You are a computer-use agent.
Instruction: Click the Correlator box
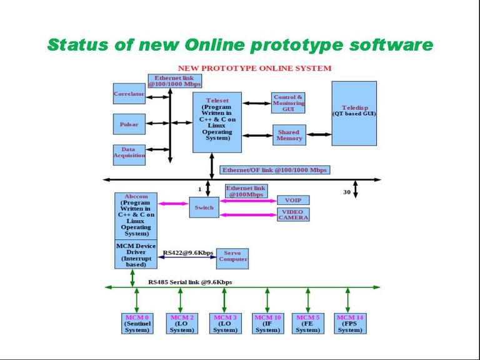(x=129, y=94)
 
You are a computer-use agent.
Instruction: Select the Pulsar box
(x=129, y=124)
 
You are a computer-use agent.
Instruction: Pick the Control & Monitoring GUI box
(x=288, y=103)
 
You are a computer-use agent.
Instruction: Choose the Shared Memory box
(x=289, y=135)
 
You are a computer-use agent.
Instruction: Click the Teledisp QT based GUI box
(x=354, y=112)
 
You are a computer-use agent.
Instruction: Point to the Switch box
(x=204, y=207)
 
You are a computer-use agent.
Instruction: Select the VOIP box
(x=293, y=201)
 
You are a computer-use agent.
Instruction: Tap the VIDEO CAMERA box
(x=293, y=214)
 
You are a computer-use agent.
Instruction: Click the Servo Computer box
(x=232, y=256)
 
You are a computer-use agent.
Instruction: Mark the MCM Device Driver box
(x=136, y=254)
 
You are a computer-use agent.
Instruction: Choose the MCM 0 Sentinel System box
(x=137, y=324)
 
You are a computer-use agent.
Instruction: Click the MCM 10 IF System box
(x=267, y=324)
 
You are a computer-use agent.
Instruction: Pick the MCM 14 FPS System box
(x=349, y=324)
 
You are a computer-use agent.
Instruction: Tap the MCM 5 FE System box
(x=308, y=324)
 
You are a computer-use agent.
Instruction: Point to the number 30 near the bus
(x=347, y=192)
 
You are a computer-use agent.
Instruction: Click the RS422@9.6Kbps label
(x=187, y=253)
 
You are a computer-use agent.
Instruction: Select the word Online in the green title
(x=216, y=45)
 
